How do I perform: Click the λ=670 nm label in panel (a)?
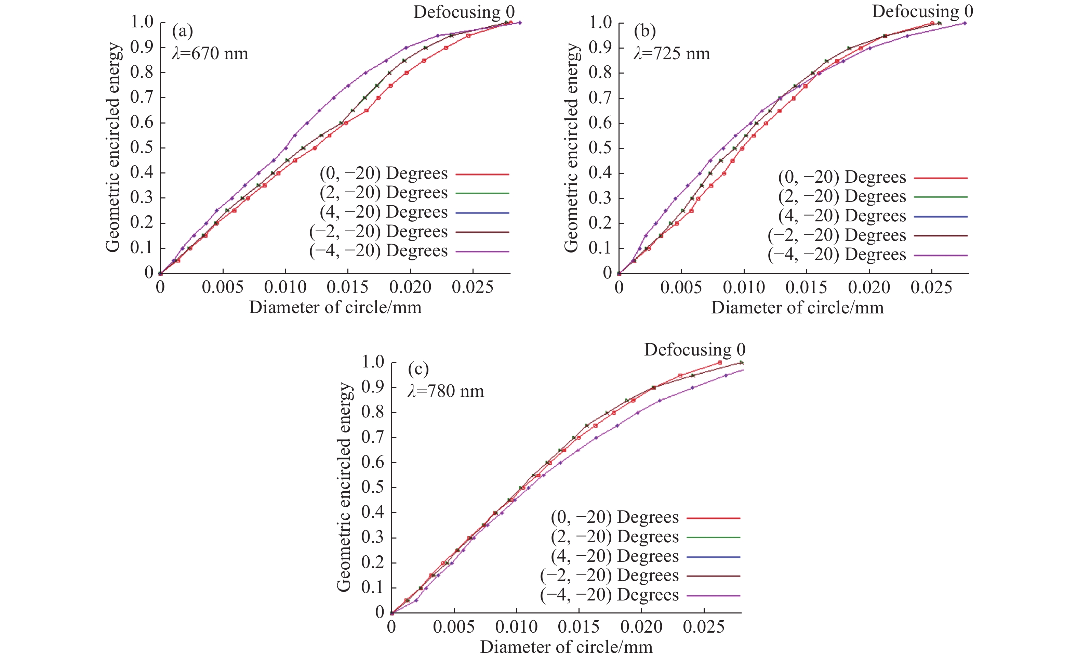coord(210,54)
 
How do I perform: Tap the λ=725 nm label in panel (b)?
coord(672,54)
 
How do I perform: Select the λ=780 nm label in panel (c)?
coord(446,391)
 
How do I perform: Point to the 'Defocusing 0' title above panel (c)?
coord(694,350)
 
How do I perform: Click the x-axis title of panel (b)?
coord(797,308)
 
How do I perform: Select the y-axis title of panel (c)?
coord(344,487)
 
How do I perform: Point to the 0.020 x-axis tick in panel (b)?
coord(869,287)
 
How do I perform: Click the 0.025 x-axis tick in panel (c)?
coord(704,627)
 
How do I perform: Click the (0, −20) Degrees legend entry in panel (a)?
coord(384,173)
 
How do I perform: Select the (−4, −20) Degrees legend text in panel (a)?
coord(378,251)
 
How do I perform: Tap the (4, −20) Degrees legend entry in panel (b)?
coord(842,216)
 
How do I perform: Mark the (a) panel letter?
coord(182,31)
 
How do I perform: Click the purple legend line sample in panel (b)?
coord(941,255)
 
